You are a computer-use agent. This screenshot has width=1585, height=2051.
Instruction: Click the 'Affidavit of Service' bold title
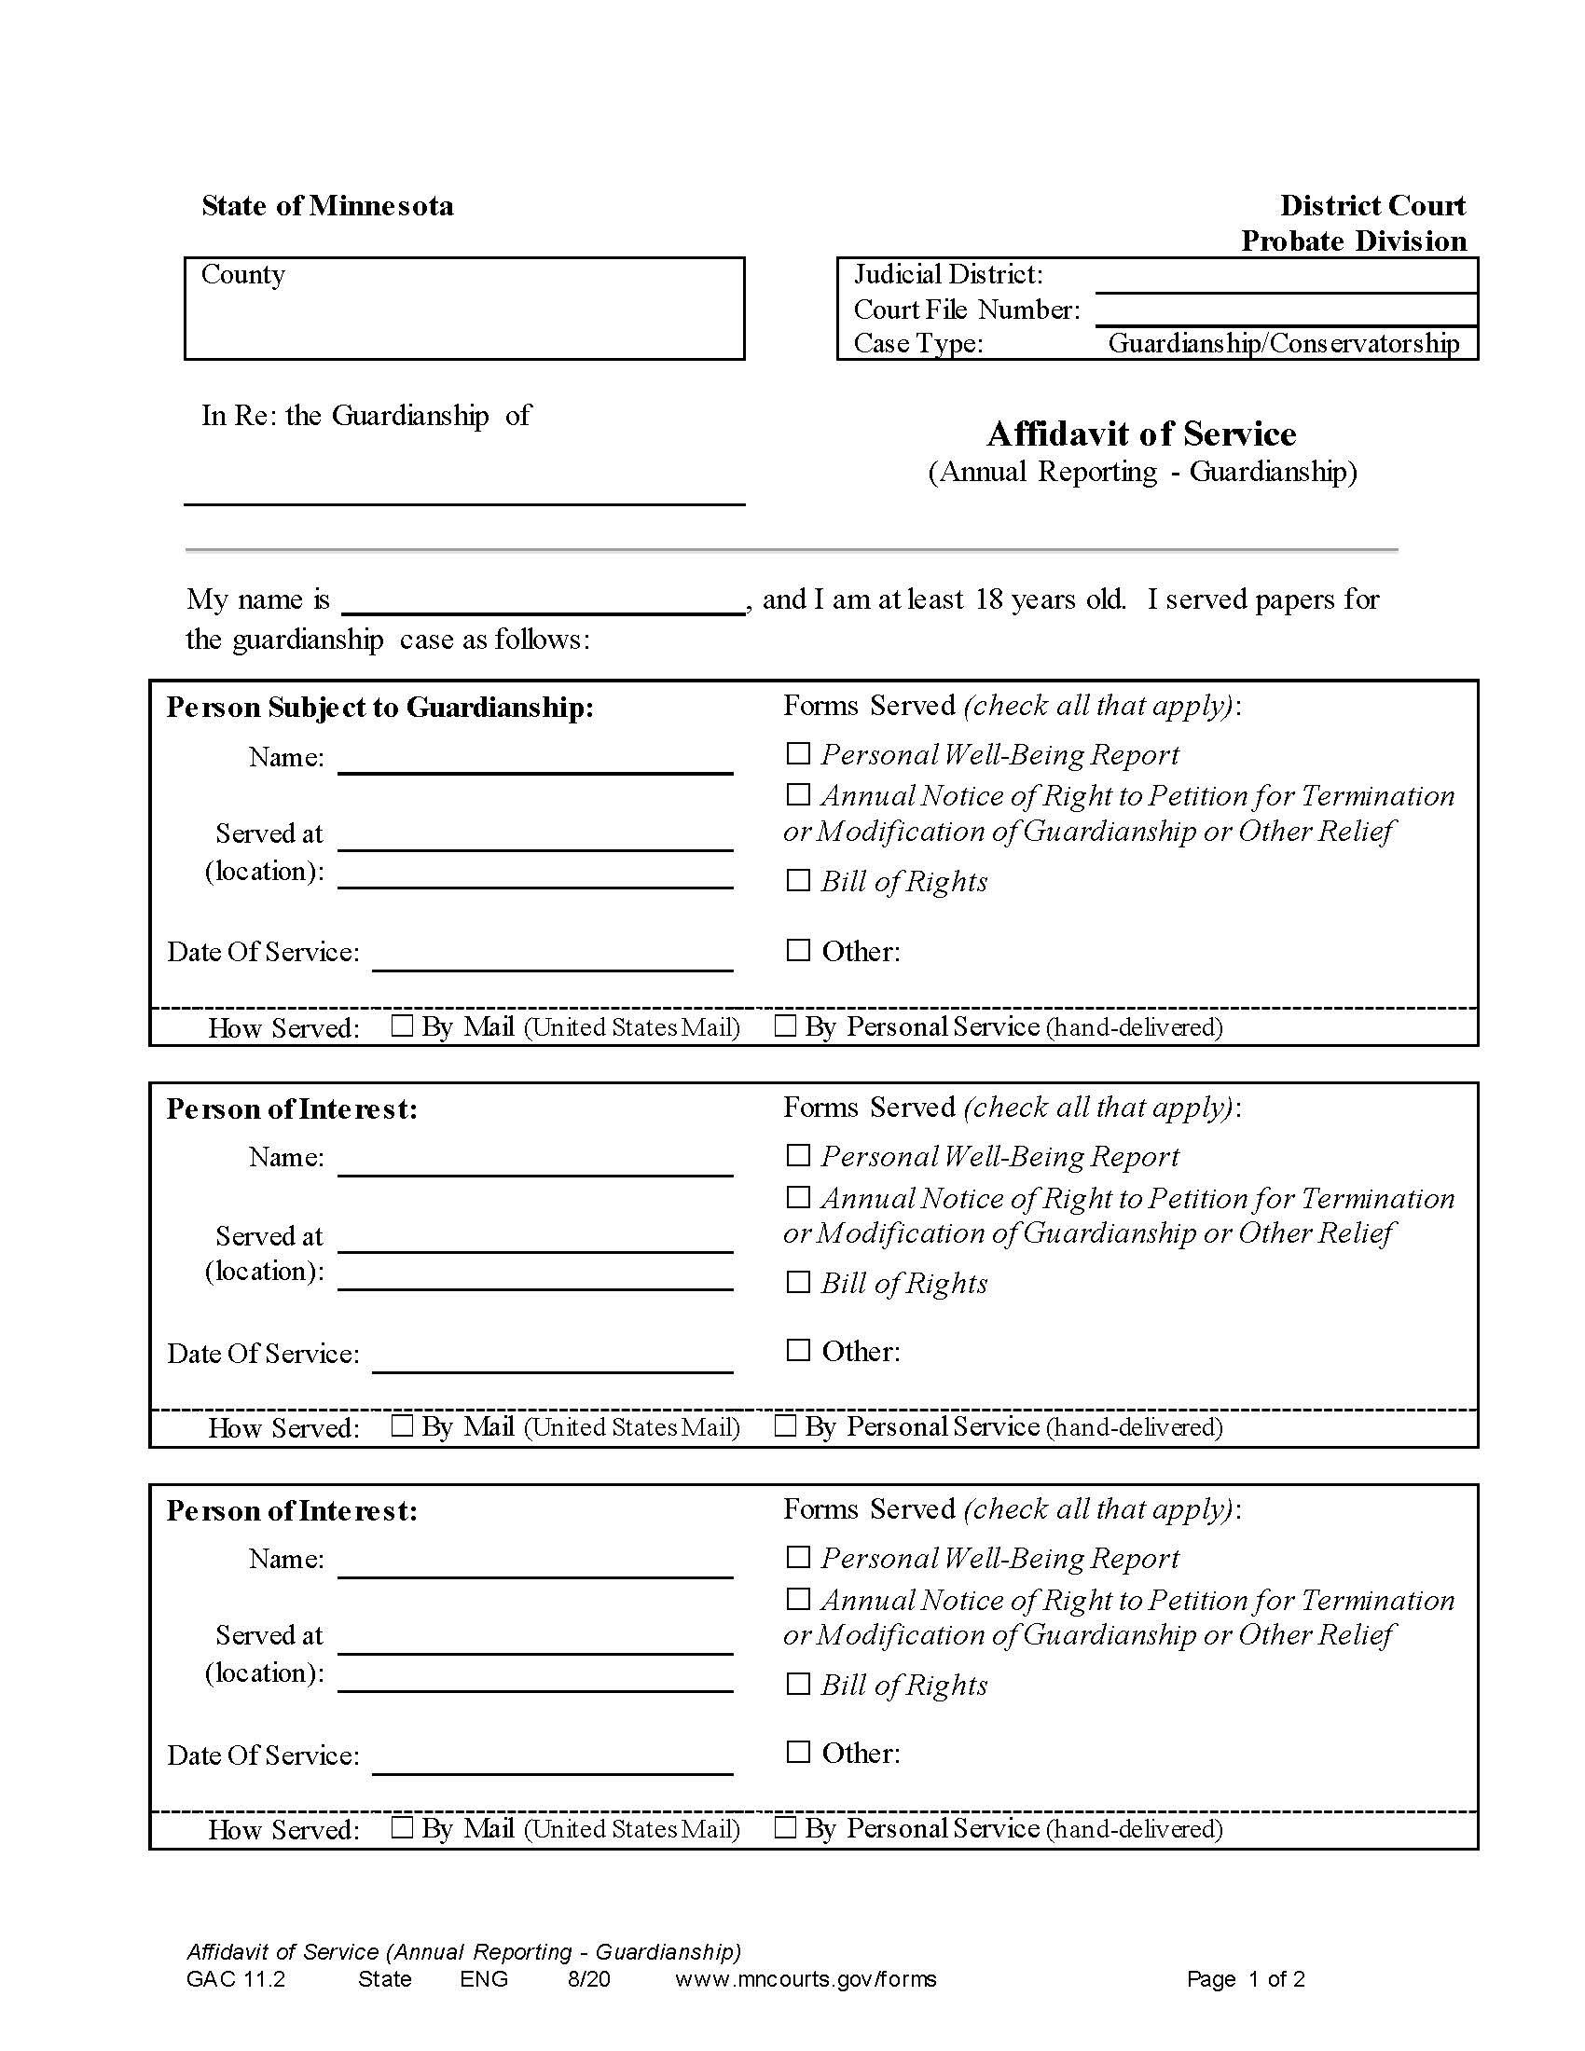1141,434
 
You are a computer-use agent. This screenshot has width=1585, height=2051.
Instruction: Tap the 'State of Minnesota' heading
326,206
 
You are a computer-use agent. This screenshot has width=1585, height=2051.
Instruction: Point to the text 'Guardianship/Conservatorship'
1283,344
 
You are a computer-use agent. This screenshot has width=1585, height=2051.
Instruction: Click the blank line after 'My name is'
543,601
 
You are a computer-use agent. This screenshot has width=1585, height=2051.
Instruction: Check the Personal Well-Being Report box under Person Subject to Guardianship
798,753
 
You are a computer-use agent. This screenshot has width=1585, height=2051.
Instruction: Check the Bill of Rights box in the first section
798,880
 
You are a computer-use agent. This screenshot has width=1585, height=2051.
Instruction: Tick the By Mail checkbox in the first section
402,1025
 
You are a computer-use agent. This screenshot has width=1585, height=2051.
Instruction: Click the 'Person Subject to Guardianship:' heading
379,708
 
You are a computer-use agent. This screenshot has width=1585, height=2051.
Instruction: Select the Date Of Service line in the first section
552,956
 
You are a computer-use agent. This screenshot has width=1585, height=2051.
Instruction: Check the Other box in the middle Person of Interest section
798,1350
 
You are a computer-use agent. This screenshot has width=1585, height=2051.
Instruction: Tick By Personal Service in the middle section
785,1425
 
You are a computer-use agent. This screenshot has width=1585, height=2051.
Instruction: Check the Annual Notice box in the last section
798,1598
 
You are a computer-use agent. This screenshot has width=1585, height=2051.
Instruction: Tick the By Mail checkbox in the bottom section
402,1826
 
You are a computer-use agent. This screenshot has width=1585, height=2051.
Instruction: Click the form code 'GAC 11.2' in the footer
236,1978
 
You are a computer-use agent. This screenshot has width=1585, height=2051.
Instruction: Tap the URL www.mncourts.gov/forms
806,1978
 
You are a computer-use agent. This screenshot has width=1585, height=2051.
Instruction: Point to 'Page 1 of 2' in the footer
1245,1978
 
